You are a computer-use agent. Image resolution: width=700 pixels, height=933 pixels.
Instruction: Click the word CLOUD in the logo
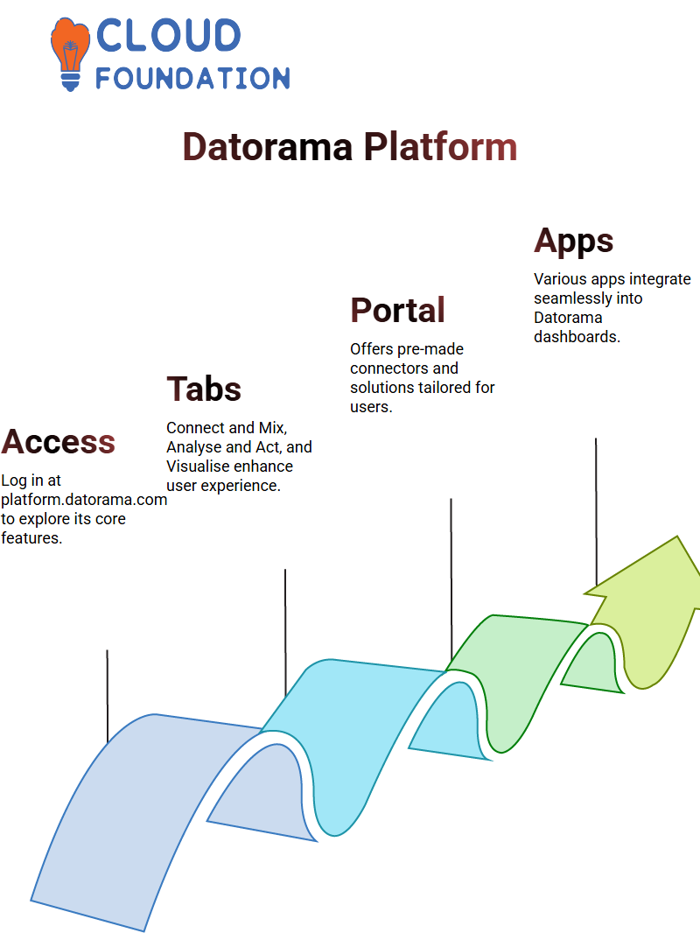pyautogui.click(x=168, y=37)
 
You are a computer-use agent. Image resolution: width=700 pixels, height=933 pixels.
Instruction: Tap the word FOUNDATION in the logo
pyautogui.click(x=192, y=78)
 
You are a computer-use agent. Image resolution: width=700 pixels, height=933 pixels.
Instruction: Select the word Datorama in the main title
pyautogui.click(x=268, y=146)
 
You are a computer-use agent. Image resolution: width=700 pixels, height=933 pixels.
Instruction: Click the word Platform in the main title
pyautogui.click(x=440, y=146)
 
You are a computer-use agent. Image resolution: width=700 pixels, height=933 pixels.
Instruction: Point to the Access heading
pyautogui.click(x=59, y=442)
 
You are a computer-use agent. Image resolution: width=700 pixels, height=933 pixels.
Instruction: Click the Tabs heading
pyautogui.click(x=204, y=389)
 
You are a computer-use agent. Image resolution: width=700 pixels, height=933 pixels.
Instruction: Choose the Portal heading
pyautogui.click(x=397, y=311)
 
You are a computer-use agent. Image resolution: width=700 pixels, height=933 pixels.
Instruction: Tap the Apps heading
pyautogui.click(x=573, y=241)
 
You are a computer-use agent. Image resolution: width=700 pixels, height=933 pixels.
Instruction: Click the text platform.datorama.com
pyautogui.click(x=84, y=500)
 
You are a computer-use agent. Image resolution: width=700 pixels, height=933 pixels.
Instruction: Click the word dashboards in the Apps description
pyautogui.click(x=577, y=337)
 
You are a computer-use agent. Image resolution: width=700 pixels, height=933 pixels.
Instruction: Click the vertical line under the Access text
pyautogui.click(x=108, y=696)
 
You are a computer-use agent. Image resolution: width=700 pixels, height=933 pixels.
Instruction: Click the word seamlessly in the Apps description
pyautogui.click(x=569, y=298)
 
